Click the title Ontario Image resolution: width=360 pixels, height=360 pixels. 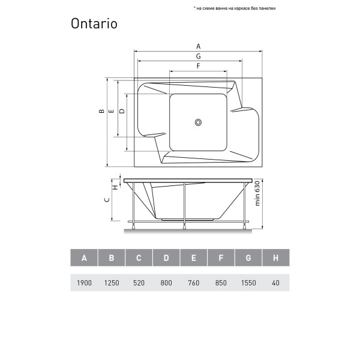pyautogui.click(x=94, y=24)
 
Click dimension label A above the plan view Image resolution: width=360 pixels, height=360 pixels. pyautogui.click(x=197, y=46)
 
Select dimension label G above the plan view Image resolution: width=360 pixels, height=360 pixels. pyautogui.click(x=197, y=56)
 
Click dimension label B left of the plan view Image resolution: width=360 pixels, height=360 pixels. pyautogui.click(x=103, y=111)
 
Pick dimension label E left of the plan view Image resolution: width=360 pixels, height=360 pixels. pyautogui.click(x=112, y=111)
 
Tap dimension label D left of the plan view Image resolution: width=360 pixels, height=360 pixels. pyautogui.click(x=122, y=111)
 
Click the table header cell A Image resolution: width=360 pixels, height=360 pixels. pyautogui.click(x=84, y=259)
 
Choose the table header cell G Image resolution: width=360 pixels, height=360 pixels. pyautogui.click(x=248, y=259)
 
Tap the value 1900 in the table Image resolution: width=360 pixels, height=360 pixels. pyautogui.click(x=84, y=282)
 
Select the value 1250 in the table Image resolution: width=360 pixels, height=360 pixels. pyautogui.click(x=112, y=282)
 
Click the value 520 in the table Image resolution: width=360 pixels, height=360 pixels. pyautogui.click(x=139, y=282)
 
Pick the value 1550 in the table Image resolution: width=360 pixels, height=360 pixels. pyautogui.click(x=248, y=282)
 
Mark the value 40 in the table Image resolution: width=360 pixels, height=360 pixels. pyautogui.click(x=275, y=282)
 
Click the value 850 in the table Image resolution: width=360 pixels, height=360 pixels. pyautogui.click(x=221, y=282)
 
